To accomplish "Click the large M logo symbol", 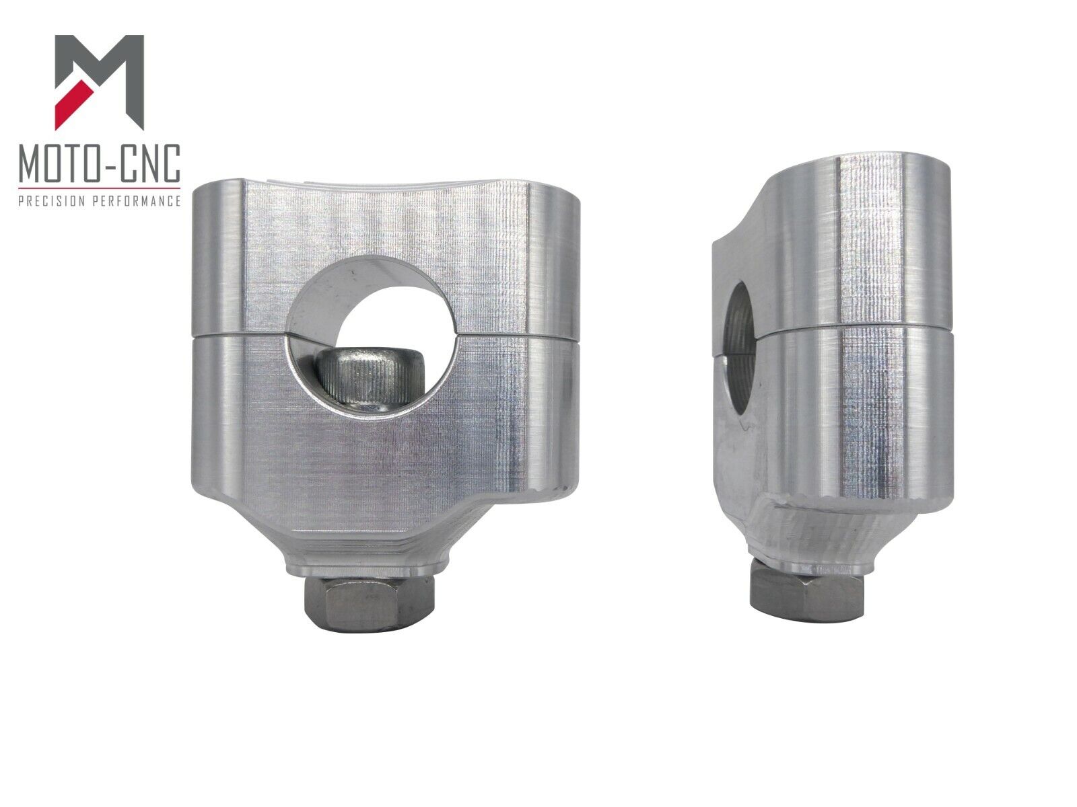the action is [x=99, y=82].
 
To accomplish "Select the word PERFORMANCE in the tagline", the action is [x=137, y=201].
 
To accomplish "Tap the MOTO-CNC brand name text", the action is [x=100, y=163].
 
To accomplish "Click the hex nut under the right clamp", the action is [x=807, y=594].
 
